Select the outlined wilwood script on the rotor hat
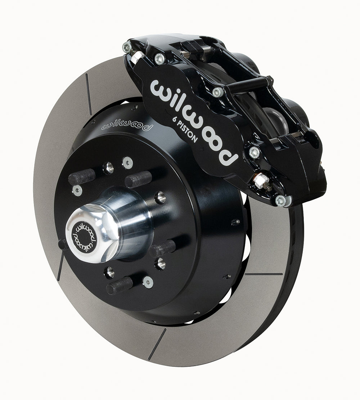(x=127, y=125)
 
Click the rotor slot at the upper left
(x=89, y=94)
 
